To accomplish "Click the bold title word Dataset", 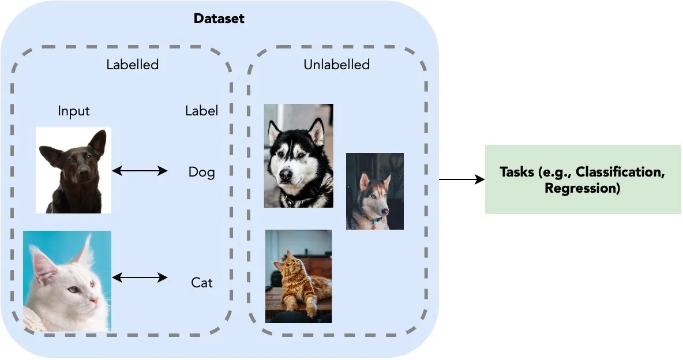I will pos(219,18).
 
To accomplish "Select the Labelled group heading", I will pos(132,65).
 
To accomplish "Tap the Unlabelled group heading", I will pos(336,65).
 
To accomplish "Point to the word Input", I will pos(74,111).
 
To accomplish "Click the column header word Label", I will pos(201,111).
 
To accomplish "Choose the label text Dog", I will pos(201,172).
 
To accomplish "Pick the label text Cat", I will pos(201,283).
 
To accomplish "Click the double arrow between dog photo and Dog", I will pos(140,171).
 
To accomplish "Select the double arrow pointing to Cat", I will pos(140,278).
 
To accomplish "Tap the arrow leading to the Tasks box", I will pos(461,179).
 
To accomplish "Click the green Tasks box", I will pos(583,179).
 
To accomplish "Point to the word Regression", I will pos(582,188).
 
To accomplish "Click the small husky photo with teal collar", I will pos(375,191).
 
